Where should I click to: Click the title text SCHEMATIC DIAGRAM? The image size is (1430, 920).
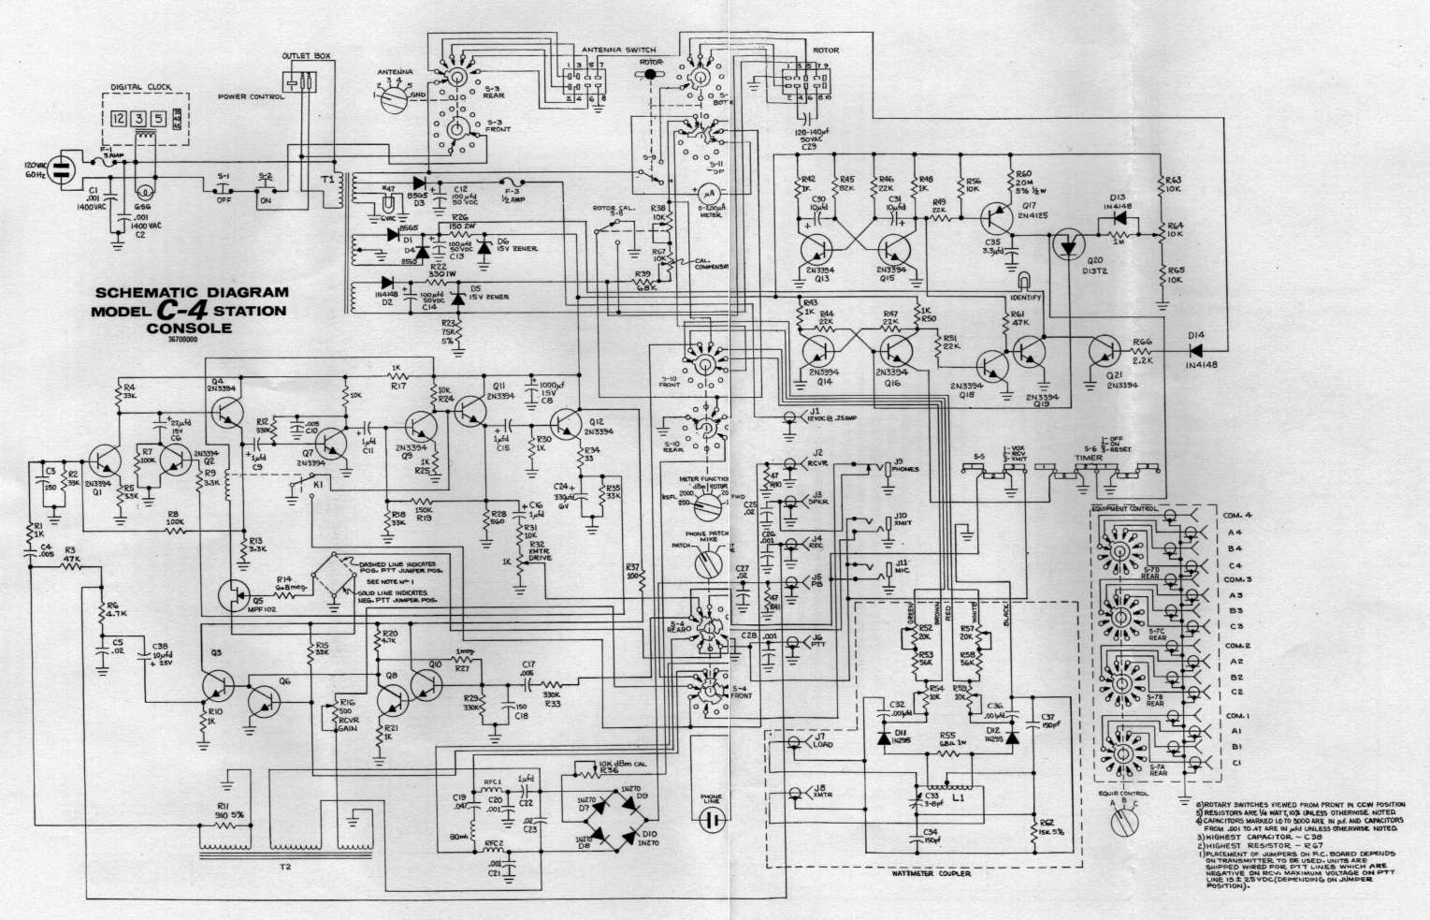(192, 292)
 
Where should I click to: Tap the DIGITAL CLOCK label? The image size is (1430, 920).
(137, 87)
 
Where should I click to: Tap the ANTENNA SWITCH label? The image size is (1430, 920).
(618, 49)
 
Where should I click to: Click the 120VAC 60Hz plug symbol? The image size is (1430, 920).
(58, 168)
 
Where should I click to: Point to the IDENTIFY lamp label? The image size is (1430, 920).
(1027, 297)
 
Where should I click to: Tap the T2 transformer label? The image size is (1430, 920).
(284, 866)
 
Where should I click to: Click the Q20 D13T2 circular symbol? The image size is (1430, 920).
(1065, 244)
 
